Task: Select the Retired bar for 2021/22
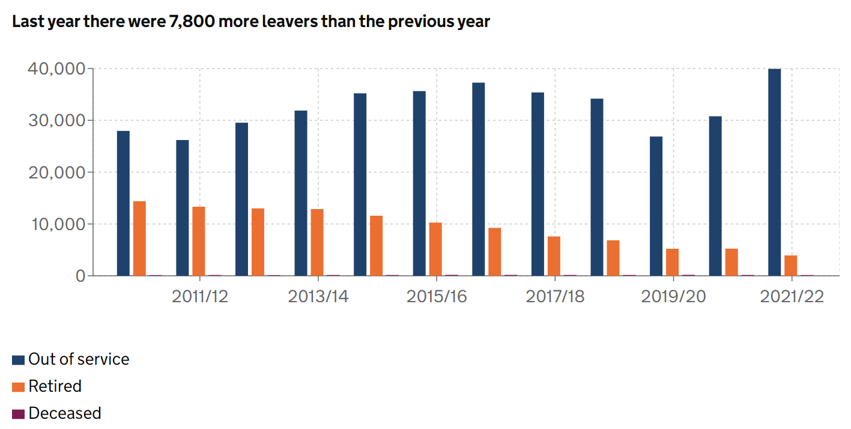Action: pos(791,266)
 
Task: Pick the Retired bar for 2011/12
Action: pos(198,241)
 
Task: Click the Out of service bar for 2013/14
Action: pos(301,193)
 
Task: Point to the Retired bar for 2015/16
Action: pos(435,249)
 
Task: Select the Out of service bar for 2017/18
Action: pos(538,184)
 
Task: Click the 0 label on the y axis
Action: pos(80,276)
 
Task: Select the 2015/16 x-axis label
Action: pos(437,297)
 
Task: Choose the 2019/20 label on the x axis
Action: pos(673,297)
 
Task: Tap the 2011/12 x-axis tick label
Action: pos(200,297)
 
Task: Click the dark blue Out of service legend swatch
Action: pos(19,360)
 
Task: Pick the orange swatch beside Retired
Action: pos(19,387)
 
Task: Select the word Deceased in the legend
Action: pos(65,413)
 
